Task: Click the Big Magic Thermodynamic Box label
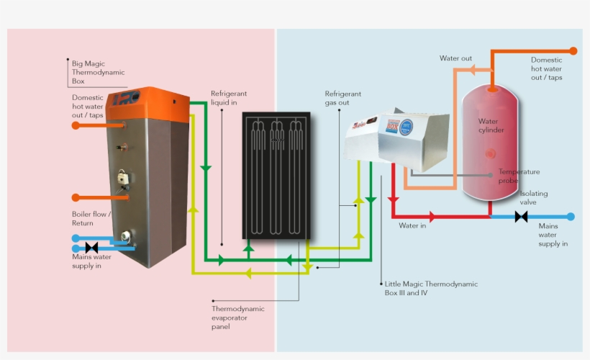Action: [x=98, y=72]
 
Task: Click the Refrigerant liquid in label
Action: [x=229, y=98]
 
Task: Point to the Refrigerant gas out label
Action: [x=342, y=98]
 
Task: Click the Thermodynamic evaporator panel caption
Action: [x=237, y=318]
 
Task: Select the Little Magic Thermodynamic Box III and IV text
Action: [x=430, y=289]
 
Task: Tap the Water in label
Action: [x=413, y=225]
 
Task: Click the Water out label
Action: [x=455, y=58]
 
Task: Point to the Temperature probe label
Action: [x=518, y=176]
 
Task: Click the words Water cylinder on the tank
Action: [x=491, y=126]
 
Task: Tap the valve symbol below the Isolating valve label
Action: [x=521, y=216]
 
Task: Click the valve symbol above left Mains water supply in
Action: [x=91, y=248]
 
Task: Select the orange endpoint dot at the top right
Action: [x=573, y=51]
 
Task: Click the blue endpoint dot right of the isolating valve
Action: [x=571, y=216]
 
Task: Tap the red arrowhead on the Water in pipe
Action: [x=432, y=216]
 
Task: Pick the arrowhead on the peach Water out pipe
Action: [x=473, y=70]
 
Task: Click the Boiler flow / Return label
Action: [x=91, y=219]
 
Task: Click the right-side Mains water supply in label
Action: [x=553, y=235]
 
